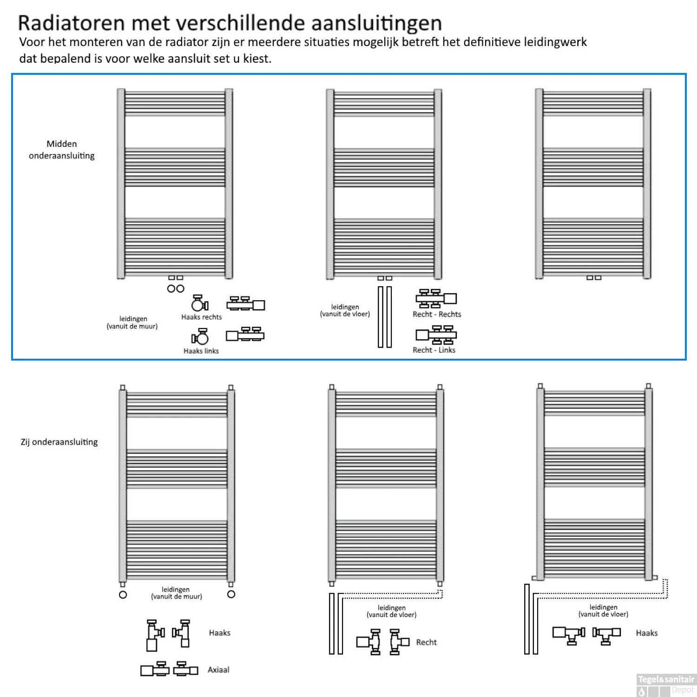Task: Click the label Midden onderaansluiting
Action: pyautogui.click(x=62, y=150)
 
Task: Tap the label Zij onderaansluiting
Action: pyautogui.click(x=59, y=442)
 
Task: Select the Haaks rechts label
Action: pyautogui.click(x=202, y=317)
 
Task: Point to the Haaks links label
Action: pyautogui.click(x=201, y=351)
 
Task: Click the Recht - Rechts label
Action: pyautogui.click(x=437, y=314)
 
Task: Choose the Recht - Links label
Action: pyautogui.click(x=434, y=350)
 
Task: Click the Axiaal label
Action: pyautogui.click(x=218, y=670)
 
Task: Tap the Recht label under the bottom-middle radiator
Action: pyautogui.click(x=426, y=642)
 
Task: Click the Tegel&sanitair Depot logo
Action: pyautogui.click(x=666, y=685)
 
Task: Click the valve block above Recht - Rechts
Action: pyautogui.click(x=436, y=298)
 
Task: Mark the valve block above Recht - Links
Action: pyautogui.click(x=436, y=335)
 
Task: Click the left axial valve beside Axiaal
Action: pyautogui.click(x=155, y=669)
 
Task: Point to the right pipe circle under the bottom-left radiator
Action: pyautogui.click(x=231, y=594)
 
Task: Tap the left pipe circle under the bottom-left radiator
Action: pyautogui.click(x=123, y=595)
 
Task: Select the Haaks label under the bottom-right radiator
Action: pyautogui.click(x=647, y=633)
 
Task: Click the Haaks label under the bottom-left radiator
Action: pyautogui.click(x=220, y=633)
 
